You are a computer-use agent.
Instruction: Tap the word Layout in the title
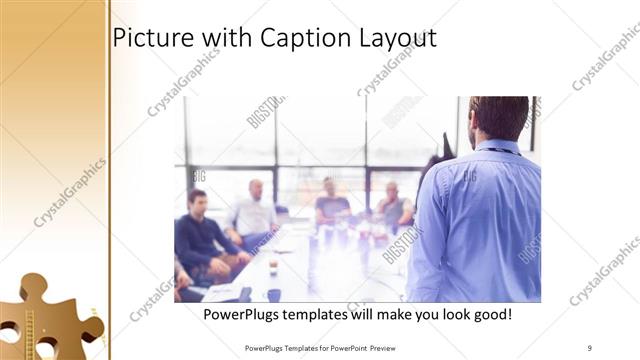pyautogui.click(x=398, y=38)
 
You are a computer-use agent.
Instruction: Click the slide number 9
pyautogui.click(x=589, y=347)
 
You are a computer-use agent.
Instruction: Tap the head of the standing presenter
pyautogui.click(x=497, y=118)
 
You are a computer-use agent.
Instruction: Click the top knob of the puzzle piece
pyautogui.click(x=33, y=285)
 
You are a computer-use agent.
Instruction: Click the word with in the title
pyautogui.click(x=225, y=37)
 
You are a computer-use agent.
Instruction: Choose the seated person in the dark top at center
pyautogui.click(x=330, y=205)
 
